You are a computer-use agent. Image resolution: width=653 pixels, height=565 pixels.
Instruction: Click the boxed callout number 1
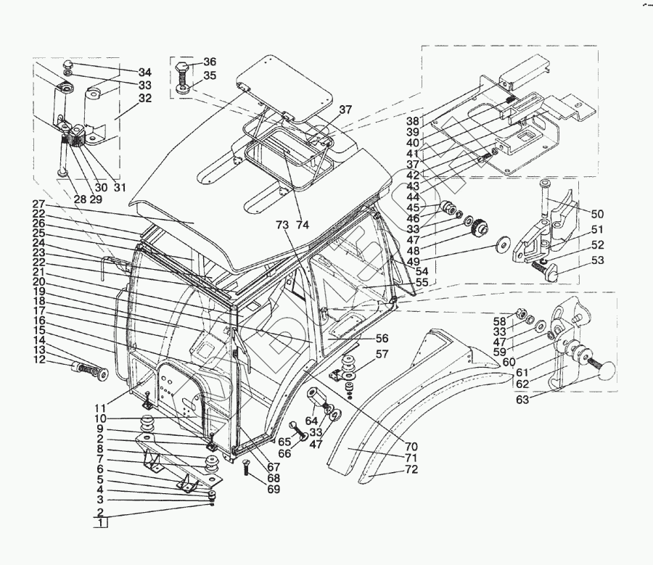[x=102, y=523]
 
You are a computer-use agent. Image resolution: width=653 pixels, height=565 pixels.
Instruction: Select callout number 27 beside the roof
[x=38, y=204]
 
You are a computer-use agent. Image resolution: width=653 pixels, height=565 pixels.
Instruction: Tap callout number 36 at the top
[x=209, y=62]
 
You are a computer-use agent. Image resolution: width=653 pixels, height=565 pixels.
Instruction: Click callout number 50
[x=596, y=215]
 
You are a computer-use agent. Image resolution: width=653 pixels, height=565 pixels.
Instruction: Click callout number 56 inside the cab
[x=382, y=338]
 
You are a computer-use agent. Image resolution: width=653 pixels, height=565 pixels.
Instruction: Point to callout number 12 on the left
[x=38, y=360]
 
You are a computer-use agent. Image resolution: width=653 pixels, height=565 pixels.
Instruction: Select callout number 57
[x=382, y=355]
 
